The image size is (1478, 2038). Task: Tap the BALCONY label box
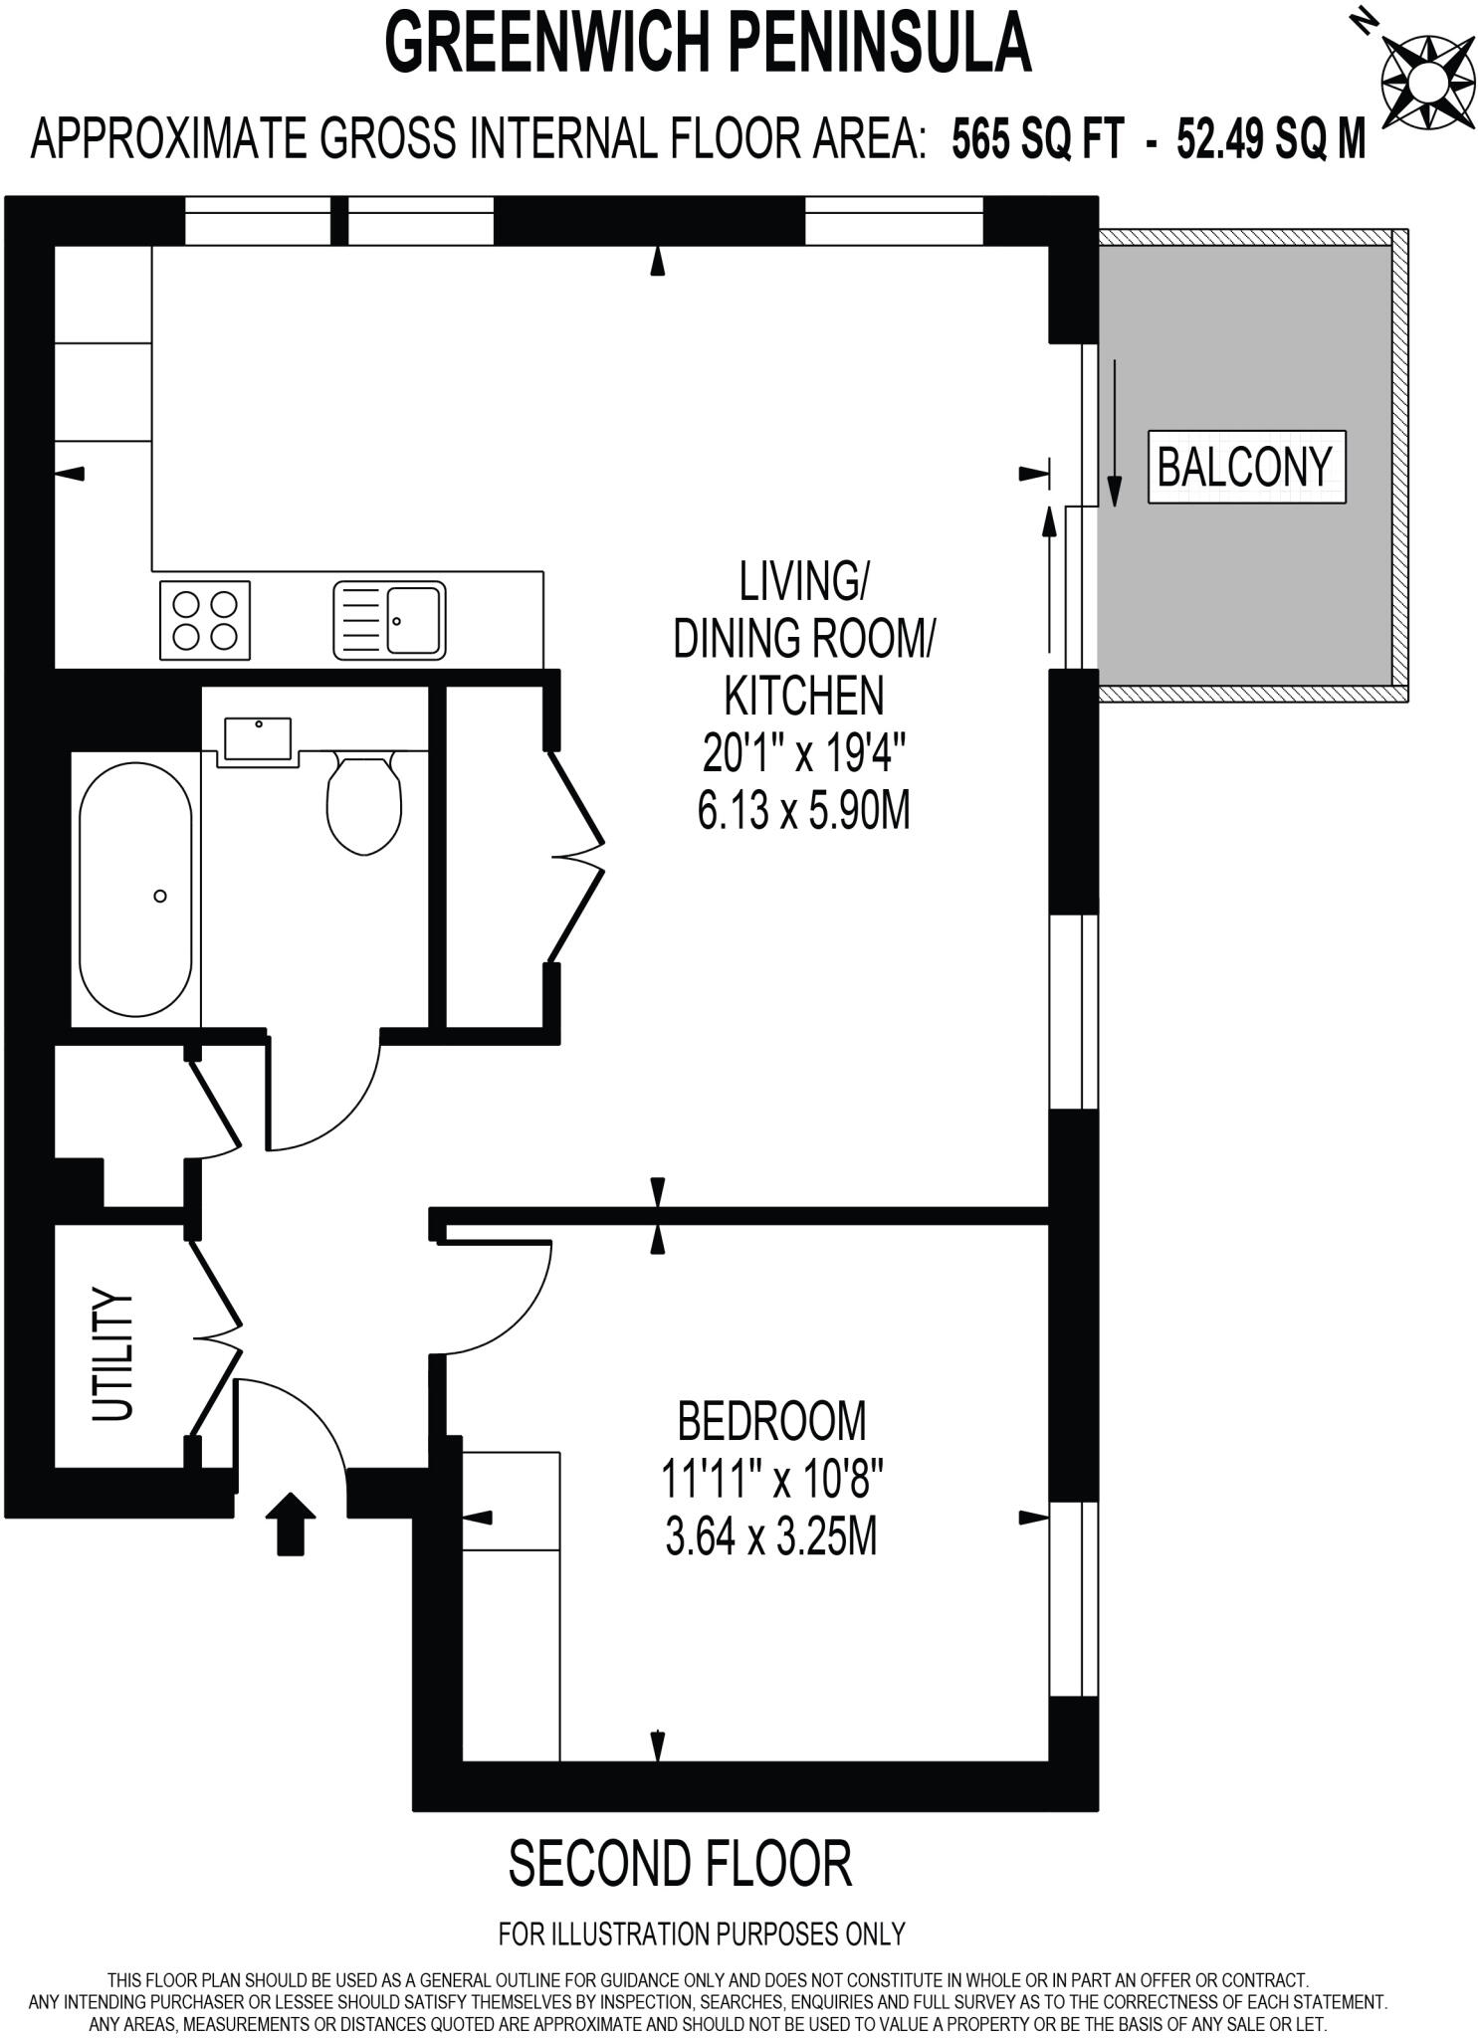1245,467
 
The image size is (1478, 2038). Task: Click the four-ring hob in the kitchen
205,621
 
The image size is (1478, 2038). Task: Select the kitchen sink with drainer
389,621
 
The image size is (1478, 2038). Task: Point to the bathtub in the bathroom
136,890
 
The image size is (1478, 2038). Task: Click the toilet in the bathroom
364,804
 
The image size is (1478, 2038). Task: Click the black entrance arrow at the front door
291,1524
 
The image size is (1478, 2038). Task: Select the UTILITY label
112,1354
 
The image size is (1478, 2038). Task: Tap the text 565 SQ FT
1038,138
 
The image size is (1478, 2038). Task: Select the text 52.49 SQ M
1271,138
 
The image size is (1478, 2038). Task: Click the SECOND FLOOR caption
681,1865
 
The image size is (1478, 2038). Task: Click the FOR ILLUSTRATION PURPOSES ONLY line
702,1934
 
